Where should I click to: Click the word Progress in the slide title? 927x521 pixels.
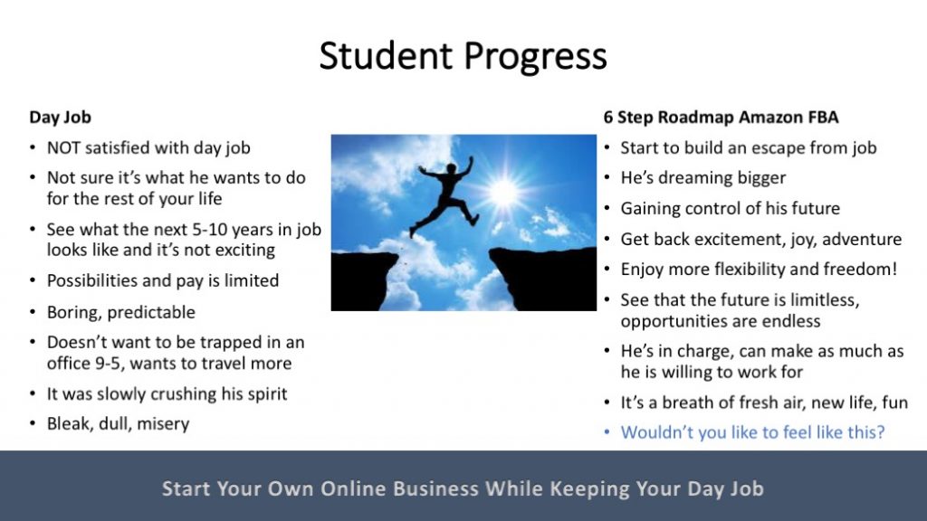point(535,57)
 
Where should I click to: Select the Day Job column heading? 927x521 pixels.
point(61,117)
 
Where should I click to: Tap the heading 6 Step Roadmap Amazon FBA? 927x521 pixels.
point(721,117)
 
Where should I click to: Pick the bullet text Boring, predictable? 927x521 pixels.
point(121,312)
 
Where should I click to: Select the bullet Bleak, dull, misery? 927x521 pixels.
point(119,424)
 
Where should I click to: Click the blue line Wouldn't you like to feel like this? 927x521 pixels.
point(752,432)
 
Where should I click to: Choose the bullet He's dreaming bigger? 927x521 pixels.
point(702,178)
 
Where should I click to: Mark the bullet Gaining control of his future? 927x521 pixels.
point(731,209)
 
